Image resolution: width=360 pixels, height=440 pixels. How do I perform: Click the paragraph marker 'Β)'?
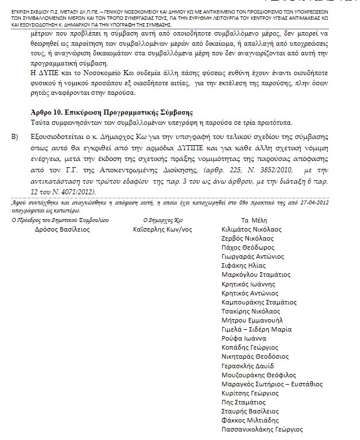coord(15,137)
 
